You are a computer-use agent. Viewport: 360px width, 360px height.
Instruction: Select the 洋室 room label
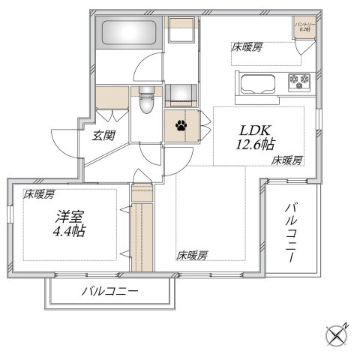click(x=68, y=217)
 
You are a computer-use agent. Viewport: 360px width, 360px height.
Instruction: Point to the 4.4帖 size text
click(x=68, y=232)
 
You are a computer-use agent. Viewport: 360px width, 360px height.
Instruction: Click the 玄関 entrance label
click(x=103, y=136)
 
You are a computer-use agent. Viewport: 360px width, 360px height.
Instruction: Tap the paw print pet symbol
click(x=181, y=125)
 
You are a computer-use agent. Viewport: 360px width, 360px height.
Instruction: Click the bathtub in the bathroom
click(x=127, y=34)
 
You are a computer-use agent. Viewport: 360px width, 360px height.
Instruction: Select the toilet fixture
click(x=146, y=101)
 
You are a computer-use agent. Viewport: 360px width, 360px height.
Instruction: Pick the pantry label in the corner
click(x=304, y=28)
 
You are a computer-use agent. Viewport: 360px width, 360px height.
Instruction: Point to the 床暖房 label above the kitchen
click(x=247, y=47)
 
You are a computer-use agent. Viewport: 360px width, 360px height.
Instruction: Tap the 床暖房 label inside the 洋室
click(x=39, y=194)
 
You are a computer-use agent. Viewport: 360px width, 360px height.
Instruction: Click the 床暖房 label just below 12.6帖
click(x=287, y=160)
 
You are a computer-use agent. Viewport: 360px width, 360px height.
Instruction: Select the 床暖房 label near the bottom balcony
click(x=193, y=255)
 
